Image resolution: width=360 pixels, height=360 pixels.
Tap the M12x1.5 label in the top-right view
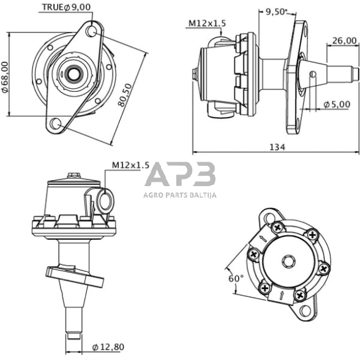click(x=206, y=23)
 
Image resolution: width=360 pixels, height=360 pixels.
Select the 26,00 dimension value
click(x=344, y=42)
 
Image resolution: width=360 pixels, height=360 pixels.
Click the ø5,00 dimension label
click(x=338, y=103)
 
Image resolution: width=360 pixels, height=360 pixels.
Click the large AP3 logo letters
click(x=180, y=176)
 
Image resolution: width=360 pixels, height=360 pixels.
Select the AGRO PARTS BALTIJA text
click(x=180, y=196)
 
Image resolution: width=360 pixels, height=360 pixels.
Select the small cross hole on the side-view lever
click(x=312, y=75)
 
